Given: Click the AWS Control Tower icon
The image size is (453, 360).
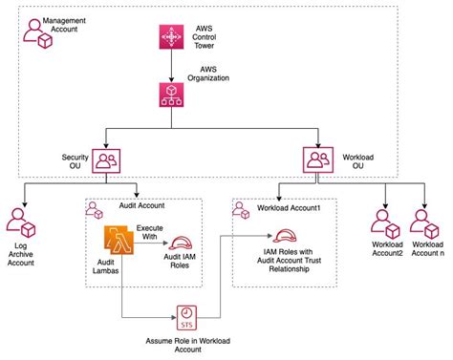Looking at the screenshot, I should point(171,37).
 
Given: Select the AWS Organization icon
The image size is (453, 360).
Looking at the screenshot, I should point(171,93).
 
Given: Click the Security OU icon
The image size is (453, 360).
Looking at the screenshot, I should point(106,159).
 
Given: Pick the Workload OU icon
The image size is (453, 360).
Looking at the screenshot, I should point(316,159).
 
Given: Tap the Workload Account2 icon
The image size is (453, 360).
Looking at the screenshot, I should point(385,224).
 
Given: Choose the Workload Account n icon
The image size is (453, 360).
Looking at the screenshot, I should point(424,224).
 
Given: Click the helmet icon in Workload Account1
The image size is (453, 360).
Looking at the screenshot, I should point(284,235).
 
